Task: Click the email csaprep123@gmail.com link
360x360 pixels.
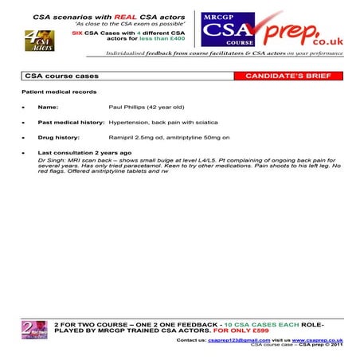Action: tap(232, 339)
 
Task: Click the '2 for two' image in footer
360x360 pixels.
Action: tap(37, 330)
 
